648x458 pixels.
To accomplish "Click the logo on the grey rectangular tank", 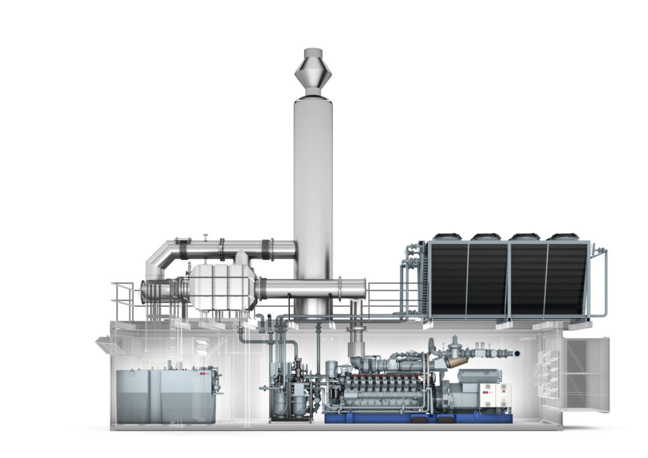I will pyautogui.click(x=204, y=374).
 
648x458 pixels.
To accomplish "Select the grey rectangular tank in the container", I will pyautogui.click(x=166, y=396).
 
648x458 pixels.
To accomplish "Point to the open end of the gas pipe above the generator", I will pyautogui.click(x=518, y=352).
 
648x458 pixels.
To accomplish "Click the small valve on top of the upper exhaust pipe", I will pyautogui.click(x=206, y=237).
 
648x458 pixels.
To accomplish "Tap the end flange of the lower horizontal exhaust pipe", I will pyautogui.click(x=364, y=288).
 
